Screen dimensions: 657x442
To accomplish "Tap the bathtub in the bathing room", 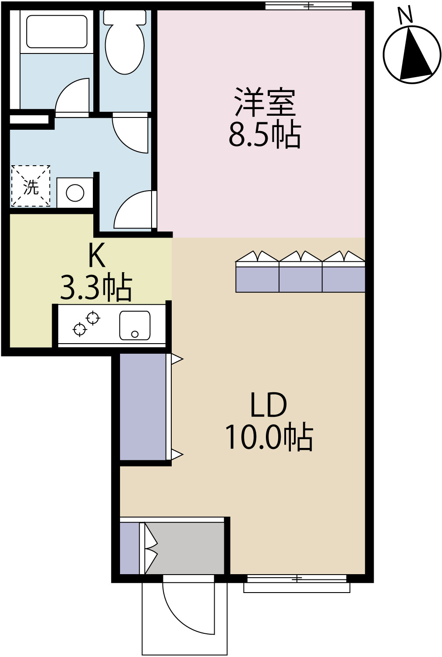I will [57, 31].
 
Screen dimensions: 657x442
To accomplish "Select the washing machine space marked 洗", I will [30, 186].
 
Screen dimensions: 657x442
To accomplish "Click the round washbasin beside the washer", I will [75, 192].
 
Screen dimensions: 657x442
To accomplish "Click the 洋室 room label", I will [265, 102].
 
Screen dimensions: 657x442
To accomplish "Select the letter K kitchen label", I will [97, 256].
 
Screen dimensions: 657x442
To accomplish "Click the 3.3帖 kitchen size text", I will [96, 288].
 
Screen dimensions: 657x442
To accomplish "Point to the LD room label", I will [268, 405].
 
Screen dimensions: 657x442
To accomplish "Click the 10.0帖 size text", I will [269, 437].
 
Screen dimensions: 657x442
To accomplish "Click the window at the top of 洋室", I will [309, 6].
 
